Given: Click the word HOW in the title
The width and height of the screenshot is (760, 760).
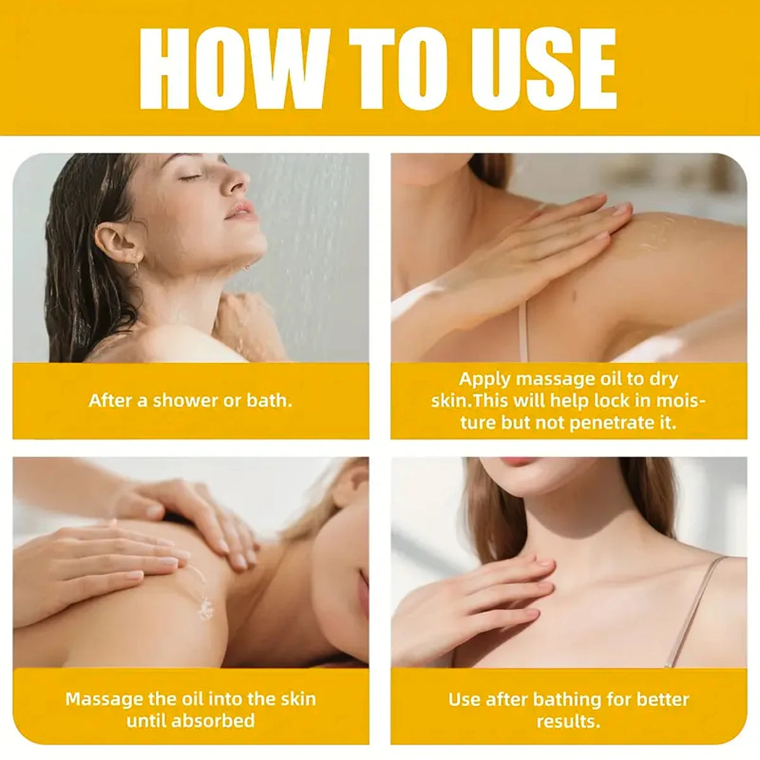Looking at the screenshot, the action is (232, 69).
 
